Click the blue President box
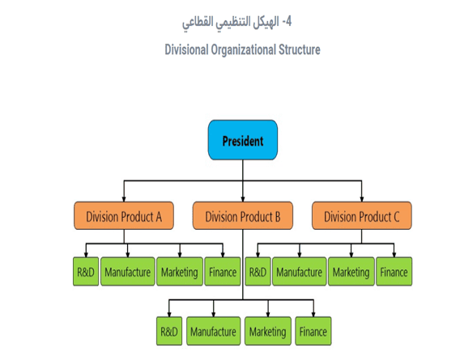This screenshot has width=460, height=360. pyautogui.click(x=243, y=141)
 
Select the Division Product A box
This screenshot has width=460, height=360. pyautogui.click(x=123, y=216)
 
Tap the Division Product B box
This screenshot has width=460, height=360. pyautogui.click(x=243, y=216)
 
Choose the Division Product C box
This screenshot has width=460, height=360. pyautogui.click(x=362, y=216)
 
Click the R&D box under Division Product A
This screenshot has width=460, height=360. pyautogui.click(x=86, y=272)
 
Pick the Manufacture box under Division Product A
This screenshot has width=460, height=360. pyautogui.click(x=126, y=272)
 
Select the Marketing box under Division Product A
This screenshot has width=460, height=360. pyautogui.click(x=178, y=272)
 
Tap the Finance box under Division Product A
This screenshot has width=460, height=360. pyautogui.click(x=222, y=272)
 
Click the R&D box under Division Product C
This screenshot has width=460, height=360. pyautogui.click(x=258, y=272)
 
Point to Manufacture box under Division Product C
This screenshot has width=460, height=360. pyautogui.click(x=298, y=272)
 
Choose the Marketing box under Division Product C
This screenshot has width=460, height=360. pyautogui.click(x=350, y=272)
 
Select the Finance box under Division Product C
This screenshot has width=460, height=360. pyautogui.click(x=394, y=272)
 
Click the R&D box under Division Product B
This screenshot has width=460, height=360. pyautogui.click(x=169, y=331)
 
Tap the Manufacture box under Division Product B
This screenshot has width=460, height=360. pyautogui.click(x=213, y=331)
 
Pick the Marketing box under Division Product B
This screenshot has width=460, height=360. pyautogui.click(x=267, y=331)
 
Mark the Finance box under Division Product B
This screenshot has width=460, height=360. pyautogui.click(x=313, y=331)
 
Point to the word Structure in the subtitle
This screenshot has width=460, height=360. pyautogui.click(x=296, y=50)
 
